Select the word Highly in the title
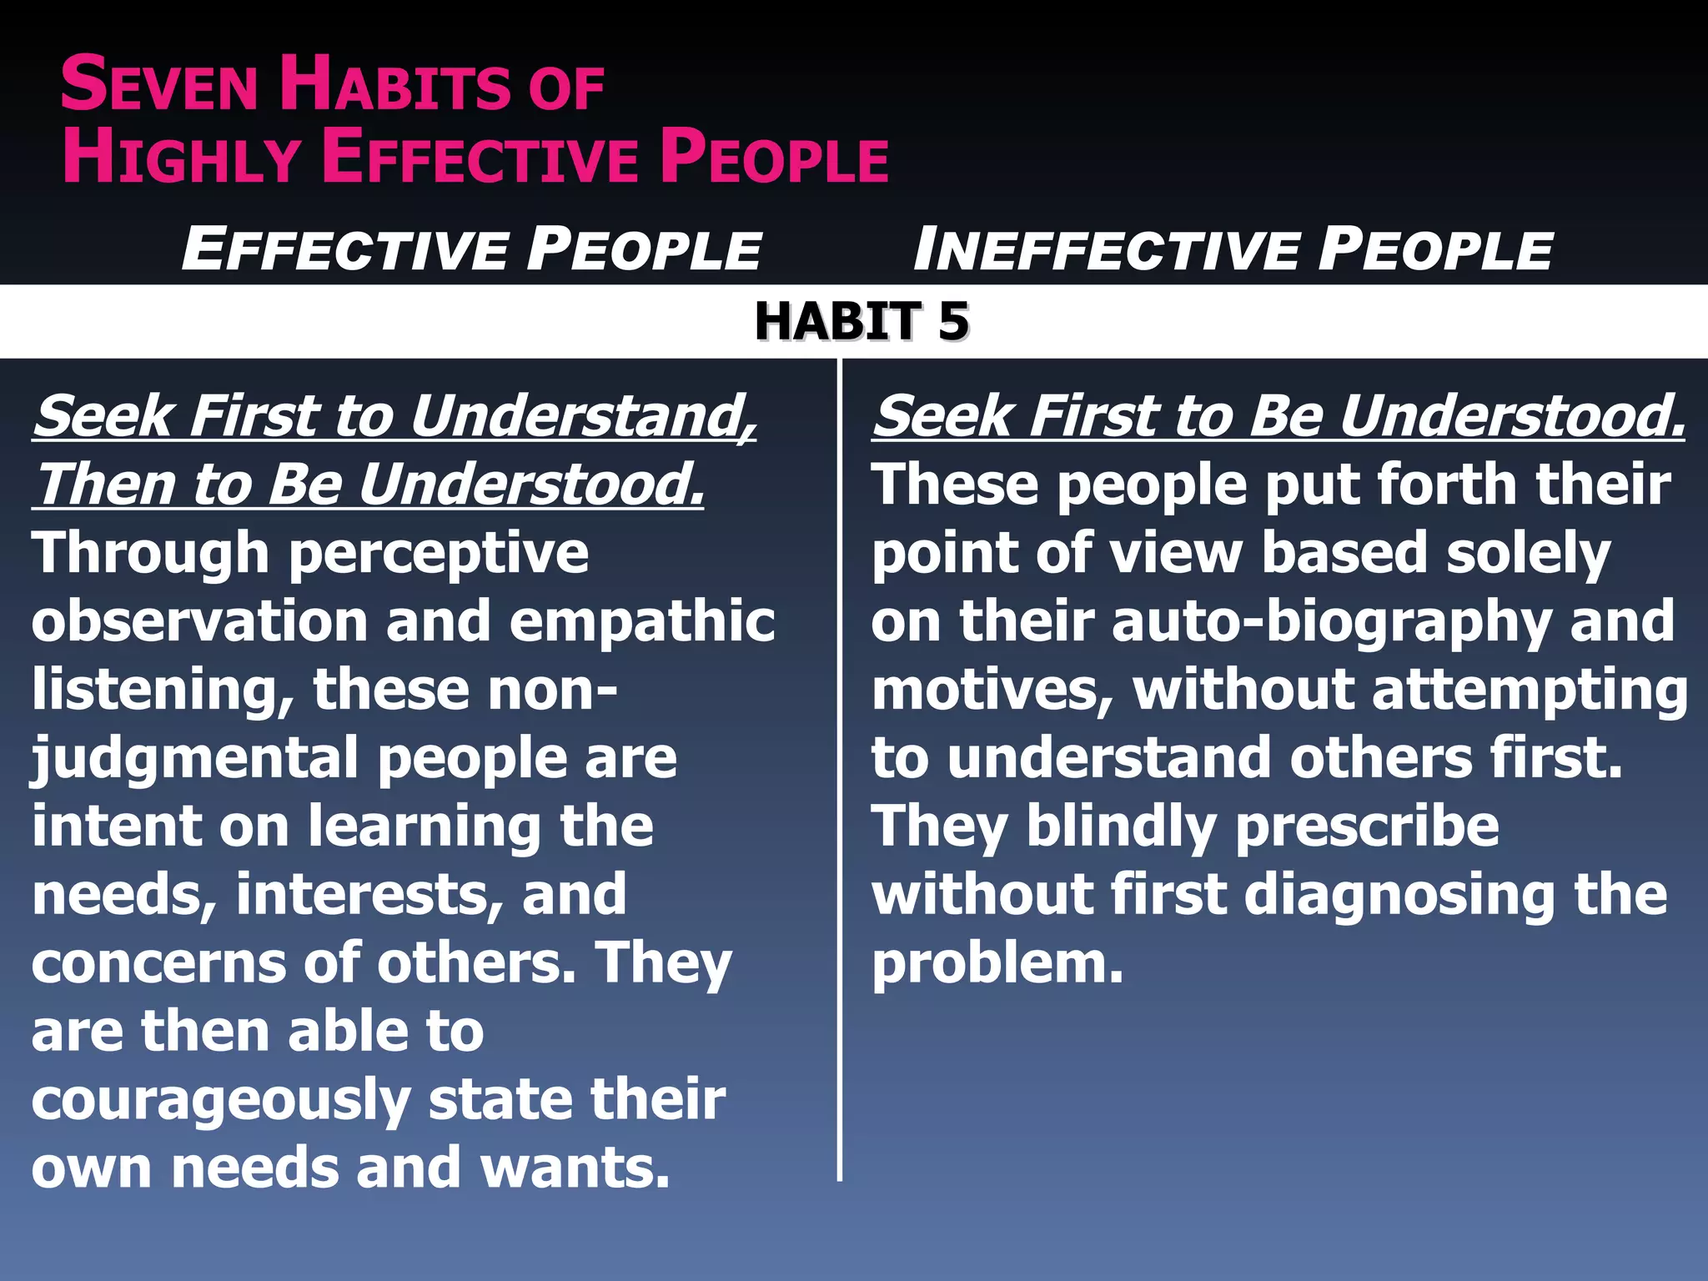(182, 158)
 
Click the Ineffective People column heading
(1233, 249)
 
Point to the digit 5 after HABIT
(953, 322)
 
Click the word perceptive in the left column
(439, 555)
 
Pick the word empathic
(642, 622)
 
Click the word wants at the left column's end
(575, 1168)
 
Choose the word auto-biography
(1332, 622)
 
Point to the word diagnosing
(1400, 896)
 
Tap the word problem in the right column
(997, 964)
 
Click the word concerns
(157, 964)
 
